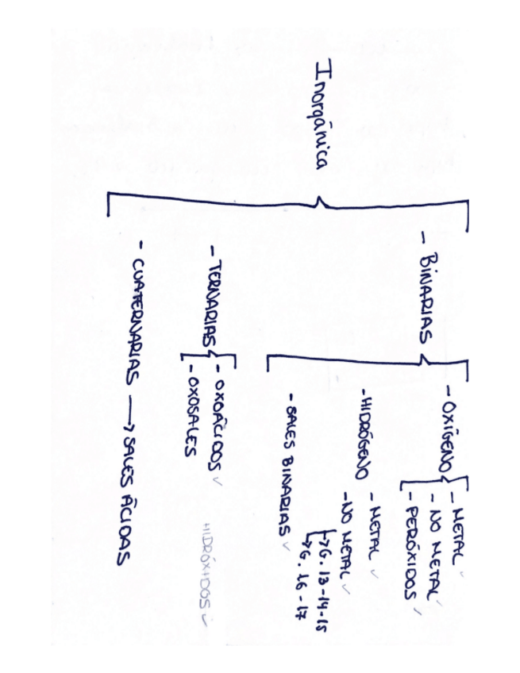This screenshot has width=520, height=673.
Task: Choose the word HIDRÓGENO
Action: point(361,433)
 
